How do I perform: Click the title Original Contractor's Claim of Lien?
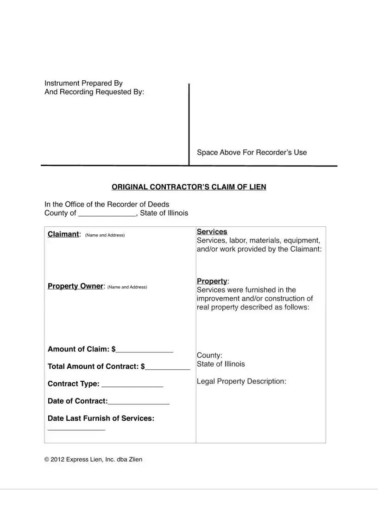[189, 187]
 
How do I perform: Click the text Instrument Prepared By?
[83, 83]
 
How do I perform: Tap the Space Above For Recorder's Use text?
[252, 152]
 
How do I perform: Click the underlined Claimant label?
[63, 234]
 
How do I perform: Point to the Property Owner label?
[75, 286]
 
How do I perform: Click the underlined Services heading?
[212, 231]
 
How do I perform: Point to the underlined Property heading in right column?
[212, 281]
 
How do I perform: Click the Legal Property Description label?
[241, 381]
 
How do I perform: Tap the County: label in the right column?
[206, 355]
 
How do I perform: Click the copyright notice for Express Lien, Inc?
[93, 459]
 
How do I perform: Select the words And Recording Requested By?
[94, 92]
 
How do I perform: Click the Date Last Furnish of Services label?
[101, 418]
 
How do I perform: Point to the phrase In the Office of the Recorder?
[107, 204]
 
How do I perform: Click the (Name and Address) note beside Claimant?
[105, 235]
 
